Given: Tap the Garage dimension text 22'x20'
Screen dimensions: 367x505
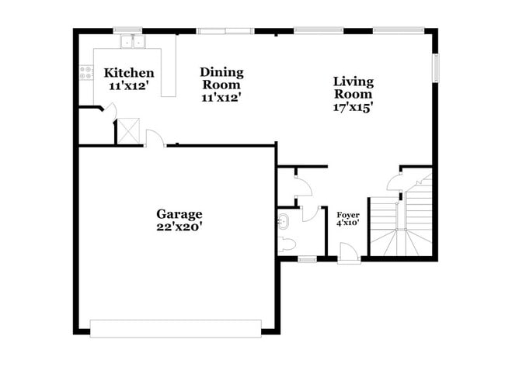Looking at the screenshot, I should (x=179, y=227).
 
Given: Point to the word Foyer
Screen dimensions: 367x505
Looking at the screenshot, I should (x=347, y=214).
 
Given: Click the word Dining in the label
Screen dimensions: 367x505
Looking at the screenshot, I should (x=222, y=72).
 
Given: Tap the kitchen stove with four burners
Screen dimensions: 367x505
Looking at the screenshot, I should (x=85, y=72).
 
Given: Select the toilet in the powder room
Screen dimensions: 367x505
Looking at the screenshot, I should (x=286, y=246).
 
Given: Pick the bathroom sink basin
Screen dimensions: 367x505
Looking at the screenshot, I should (x=282, y=222).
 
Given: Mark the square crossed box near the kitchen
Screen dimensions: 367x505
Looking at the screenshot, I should (x=129, y=131).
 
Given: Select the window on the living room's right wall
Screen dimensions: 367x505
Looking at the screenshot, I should (x=436, y=67).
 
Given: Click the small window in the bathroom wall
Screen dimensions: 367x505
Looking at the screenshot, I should (x=308, y=258).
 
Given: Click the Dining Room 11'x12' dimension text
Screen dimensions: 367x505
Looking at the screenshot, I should (x=221, y=98).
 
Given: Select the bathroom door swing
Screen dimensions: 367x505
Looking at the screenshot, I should (x=312, y=213).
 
